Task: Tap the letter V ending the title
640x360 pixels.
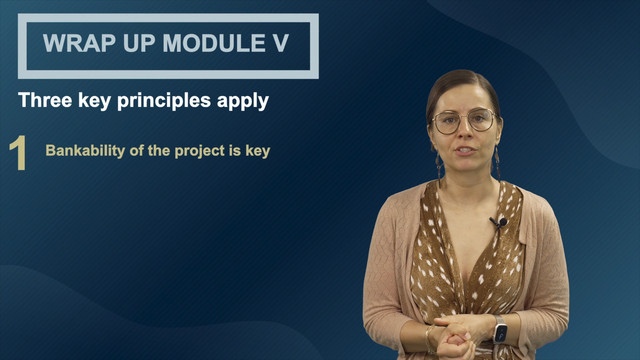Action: click(280, 43)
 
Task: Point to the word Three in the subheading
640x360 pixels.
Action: click(45, 100)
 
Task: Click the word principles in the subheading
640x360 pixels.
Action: click(164, 101)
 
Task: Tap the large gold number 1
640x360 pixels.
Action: click(18, 153)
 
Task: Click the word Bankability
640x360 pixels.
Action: click(85, 151)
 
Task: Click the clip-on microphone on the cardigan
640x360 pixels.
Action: click(499, 222)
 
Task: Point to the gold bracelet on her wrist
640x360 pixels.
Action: click(429, 339)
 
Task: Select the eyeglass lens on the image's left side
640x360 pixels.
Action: click(446, 123)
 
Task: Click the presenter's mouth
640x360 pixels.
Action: click(464, 151)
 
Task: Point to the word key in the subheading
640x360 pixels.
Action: click(94, 101)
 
